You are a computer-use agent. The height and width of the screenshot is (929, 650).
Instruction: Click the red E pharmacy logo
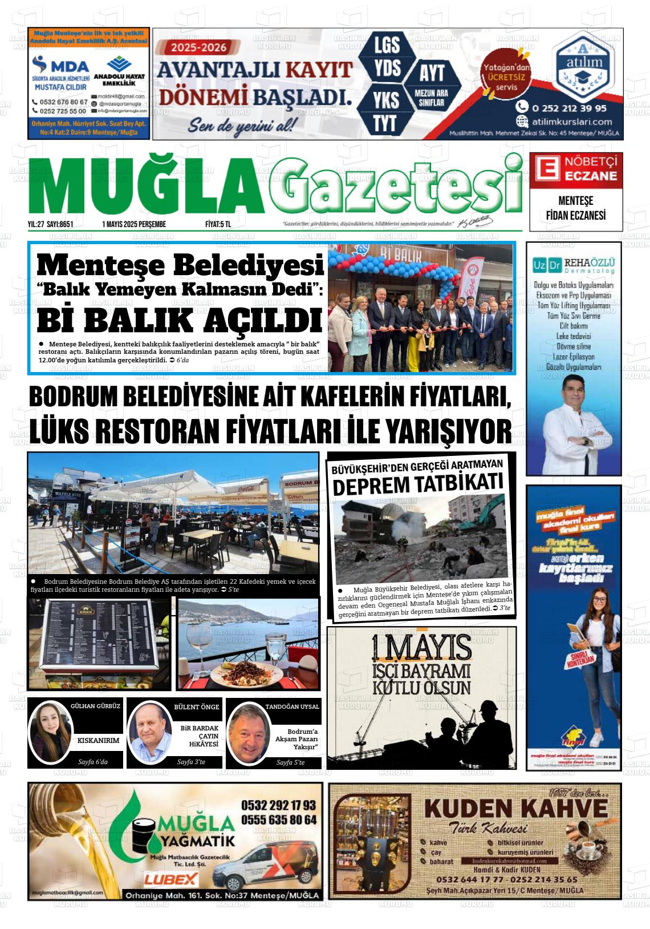[546, 169]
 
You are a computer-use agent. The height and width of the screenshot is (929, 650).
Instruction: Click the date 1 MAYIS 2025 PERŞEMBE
[134, 224]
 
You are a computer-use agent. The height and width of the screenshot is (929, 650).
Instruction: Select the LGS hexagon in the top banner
[387, 45]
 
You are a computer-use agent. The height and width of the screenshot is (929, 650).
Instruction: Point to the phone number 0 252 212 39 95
[568, 108]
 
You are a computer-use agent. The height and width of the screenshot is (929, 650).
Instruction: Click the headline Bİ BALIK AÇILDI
[180, 321]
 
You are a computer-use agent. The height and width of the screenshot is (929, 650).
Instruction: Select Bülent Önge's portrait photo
[150, 733]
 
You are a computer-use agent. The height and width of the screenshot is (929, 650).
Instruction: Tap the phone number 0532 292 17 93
[278, 805]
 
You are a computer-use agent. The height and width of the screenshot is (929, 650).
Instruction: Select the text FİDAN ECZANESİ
[575, 215]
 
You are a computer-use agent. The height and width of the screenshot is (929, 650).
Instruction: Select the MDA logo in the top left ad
[61, 66]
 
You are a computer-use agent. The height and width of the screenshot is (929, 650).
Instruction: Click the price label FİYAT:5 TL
[218, 224]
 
